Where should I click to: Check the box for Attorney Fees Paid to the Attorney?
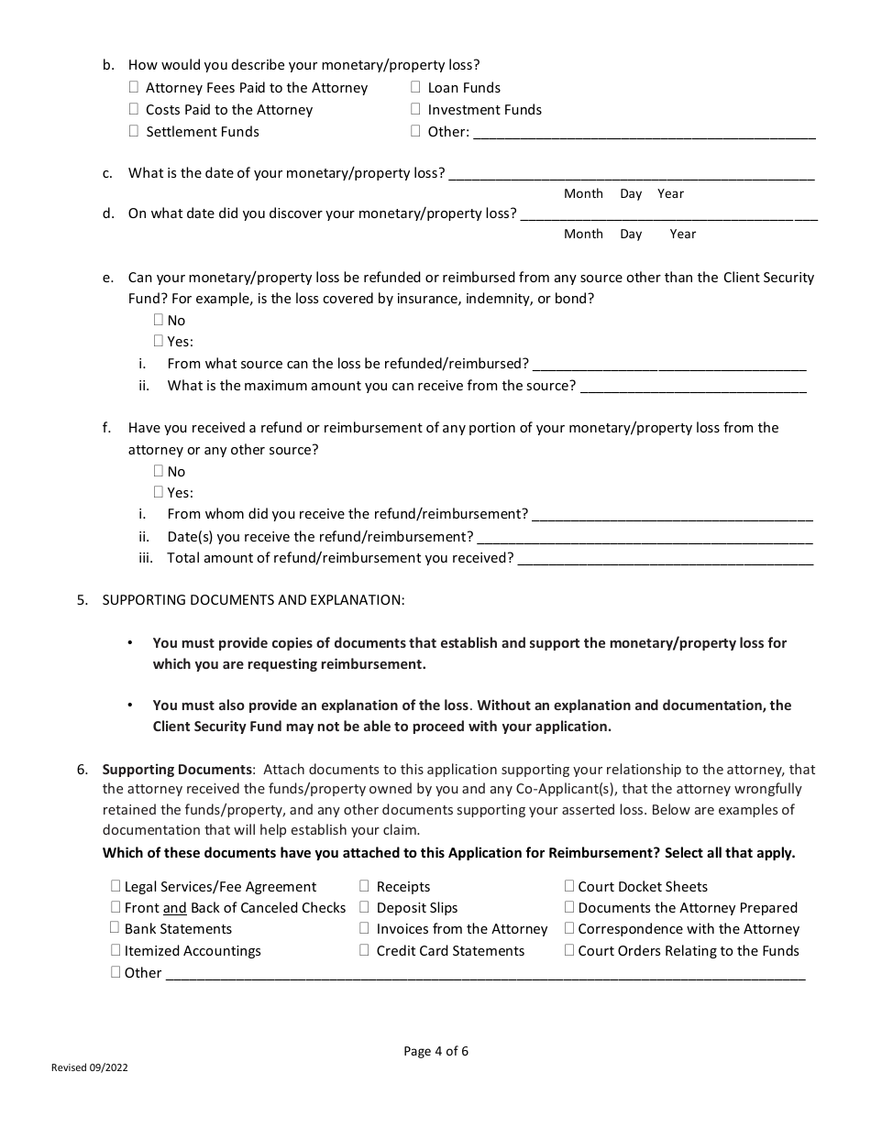[x=135, y=87]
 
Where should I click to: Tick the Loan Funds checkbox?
[x=415, y=87]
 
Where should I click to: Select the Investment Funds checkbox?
[x=415, y=109]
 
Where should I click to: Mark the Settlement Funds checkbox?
[x=135, y=131]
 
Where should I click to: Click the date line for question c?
[x=632, y=173]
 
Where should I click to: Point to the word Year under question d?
[x=683, y=234]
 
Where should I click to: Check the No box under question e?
[x=159, y=320]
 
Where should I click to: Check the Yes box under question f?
[x=159, y=492]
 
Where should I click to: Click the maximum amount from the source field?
[x=693, y=386]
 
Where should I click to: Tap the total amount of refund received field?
[x=666, y=558]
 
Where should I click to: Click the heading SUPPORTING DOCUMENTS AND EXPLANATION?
[x=253, y=600]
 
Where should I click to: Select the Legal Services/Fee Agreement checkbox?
[x=116, y=886]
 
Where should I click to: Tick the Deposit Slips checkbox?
[x=364, y=907]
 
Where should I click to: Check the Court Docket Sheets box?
[x=569, y=886]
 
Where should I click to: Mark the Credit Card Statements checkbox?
[x=364, y=950]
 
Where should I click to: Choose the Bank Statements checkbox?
[x=116, y=928]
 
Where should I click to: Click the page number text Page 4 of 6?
[x=435, y=1051]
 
